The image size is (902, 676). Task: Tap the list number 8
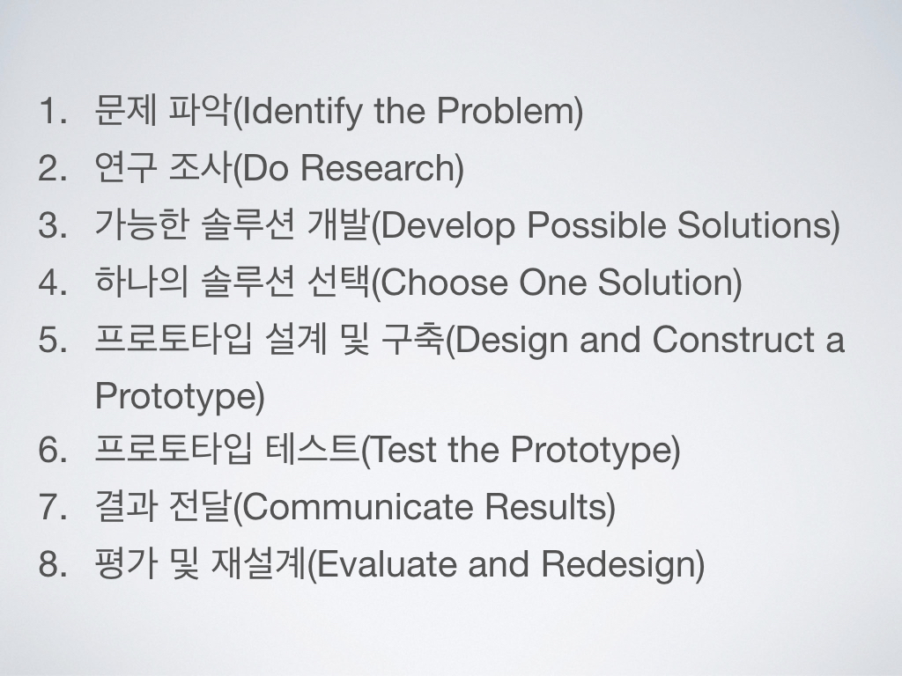[52, 563]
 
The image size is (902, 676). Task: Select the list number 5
[52, 339]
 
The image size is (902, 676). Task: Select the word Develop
[447, 226]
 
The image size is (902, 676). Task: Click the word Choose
[444, 283]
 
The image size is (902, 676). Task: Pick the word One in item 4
[552, 283]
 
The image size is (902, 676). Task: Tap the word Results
[545, 506]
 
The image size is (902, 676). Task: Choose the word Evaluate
[386, 563]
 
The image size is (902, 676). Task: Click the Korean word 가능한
[142, 224]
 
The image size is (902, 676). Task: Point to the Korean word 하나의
[142, 282]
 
